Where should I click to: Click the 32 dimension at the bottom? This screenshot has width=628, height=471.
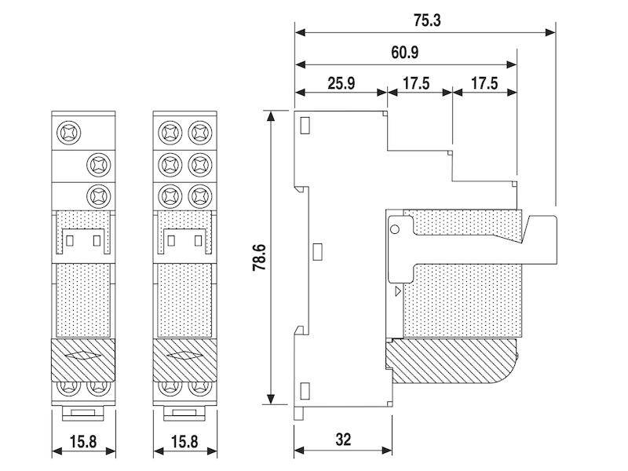(x=343, y=439)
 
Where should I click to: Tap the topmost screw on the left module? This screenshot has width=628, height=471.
(x=68, y=130)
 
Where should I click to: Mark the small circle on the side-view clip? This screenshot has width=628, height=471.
(x=395, y=229)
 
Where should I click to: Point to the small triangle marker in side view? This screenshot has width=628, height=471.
(x=397, y=290)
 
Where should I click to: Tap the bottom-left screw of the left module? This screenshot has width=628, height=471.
(x=68, y=386)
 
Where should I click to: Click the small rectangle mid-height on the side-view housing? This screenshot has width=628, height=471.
(x=318, y=252)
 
